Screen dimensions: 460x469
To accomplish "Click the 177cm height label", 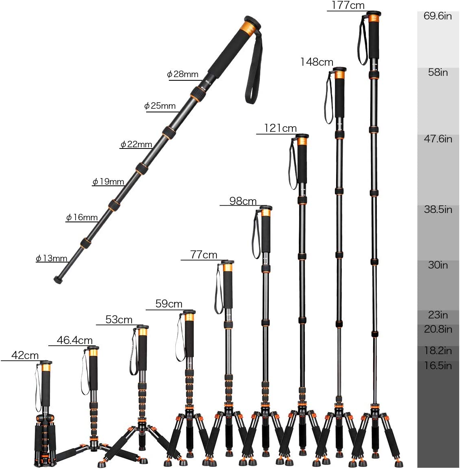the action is coord(348,5).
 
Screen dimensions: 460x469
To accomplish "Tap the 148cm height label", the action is coord(317,62).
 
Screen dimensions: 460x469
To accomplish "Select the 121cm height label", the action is coord(280,128).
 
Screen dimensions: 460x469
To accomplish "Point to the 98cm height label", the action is coord(243,201).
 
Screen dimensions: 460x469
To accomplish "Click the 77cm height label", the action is coord(204,255).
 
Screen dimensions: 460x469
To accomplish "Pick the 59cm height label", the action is coord(169,304).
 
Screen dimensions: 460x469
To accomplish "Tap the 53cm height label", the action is coord(119,320).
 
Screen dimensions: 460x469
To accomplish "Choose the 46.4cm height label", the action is coord(75,340).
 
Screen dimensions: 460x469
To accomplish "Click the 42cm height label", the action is coord(25,355).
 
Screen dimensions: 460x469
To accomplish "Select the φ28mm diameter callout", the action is coord(183,74).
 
